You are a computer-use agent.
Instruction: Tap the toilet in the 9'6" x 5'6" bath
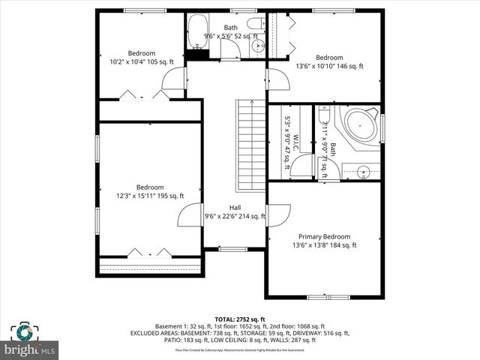(x=253, y=23)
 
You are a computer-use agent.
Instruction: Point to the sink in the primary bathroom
(x=363, y=172)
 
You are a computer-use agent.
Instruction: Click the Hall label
(x=235, y=208)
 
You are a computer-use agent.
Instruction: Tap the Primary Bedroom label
(x=324, y=236)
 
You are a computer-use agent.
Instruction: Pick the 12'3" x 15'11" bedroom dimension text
(x=150, y=196)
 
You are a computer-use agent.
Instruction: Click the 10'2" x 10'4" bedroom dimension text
(x=141, y=61)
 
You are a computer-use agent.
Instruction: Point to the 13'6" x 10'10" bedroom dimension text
(x=329, y=66)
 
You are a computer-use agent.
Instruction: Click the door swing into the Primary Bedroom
(x=277, y=215)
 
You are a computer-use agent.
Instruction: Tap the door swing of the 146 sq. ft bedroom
(x=277, y=79)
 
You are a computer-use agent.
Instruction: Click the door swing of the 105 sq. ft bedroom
(x=174, y=79)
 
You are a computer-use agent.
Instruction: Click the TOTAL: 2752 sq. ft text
(x=240, y=319)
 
